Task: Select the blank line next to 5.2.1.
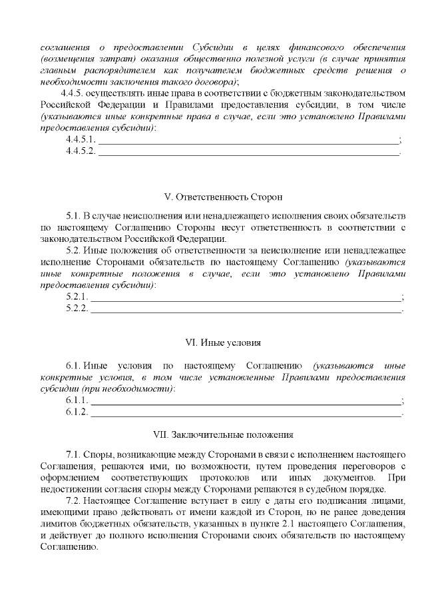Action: point(246,297)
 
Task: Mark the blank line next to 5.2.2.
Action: point(246,308)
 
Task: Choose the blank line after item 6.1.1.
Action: point(246,400)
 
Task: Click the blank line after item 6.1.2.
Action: point(246,412)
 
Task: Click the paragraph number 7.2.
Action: point(74,501)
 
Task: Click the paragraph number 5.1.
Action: point(74,217)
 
